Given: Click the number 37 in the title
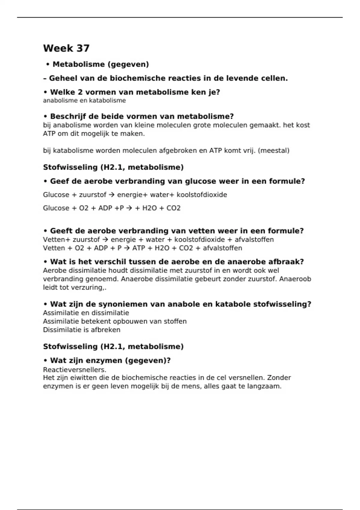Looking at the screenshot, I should click(83, 48).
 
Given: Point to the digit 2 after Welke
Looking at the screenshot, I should click(80, 92).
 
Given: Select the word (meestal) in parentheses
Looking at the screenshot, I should click(273, 151).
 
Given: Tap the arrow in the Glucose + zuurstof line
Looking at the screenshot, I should click(112, 195).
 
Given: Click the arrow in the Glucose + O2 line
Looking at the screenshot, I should click(129, 208).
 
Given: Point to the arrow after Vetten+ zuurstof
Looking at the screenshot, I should click(105, 240).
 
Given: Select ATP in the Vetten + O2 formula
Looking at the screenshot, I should click(139, 248).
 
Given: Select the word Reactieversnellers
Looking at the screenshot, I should click(75, 369).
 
